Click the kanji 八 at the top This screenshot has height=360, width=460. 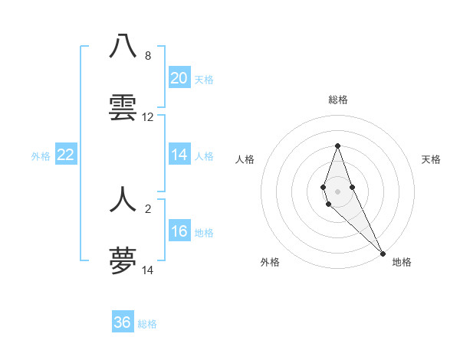pyautogui.click(x=123, y=47)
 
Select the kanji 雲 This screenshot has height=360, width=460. pyautogui.click(x=123, y=108)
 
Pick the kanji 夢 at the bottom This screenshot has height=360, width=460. pyautogui.click(x=123, y=261)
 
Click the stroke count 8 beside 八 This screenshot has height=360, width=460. pyautogui.click(x=148, y=56)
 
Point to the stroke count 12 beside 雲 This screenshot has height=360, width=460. pyautogui.click(x=148, y=117)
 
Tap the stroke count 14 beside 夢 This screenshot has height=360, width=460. pyautogui.click(x=148, y=270)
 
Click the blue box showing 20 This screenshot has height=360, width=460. pyautogui.click(x=179, y=78)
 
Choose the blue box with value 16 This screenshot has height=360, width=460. pyautogui.click(x=179, y=231)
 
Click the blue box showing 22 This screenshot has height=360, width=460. pyautogui.click(x=66, y=155)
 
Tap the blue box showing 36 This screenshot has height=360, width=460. pyautogui.click(x=123, y=322)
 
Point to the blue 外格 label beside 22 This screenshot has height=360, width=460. pyautogui.click(x=41, y=156)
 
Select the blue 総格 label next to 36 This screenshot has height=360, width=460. pyautogui.click(x=147, y=324)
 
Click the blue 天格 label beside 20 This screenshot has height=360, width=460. pyautogui.click(x=204, y=80)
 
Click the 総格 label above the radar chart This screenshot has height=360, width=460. pyautogui.click(x=338, y=100)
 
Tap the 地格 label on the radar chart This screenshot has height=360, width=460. pyautogui.click(x=402, y=262)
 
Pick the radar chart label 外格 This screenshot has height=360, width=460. pyautogui.click(x=270, y=262)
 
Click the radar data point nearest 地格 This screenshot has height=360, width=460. pyautogui.click(x=383, y=254)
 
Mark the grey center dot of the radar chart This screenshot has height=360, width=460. pyautogui.click(x=338, y=191)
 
